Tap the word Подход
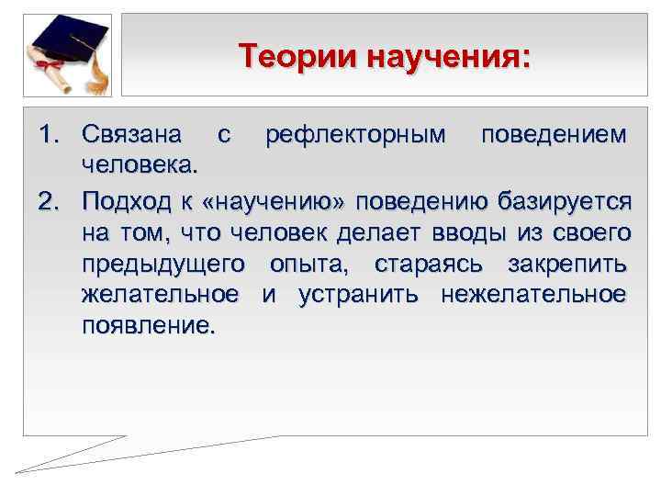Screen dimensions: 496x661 tap(127, 199)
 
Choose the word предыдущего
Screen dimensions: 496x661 tap(163, 264)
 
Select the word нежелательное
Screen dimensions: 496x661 tap(534, 295)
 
